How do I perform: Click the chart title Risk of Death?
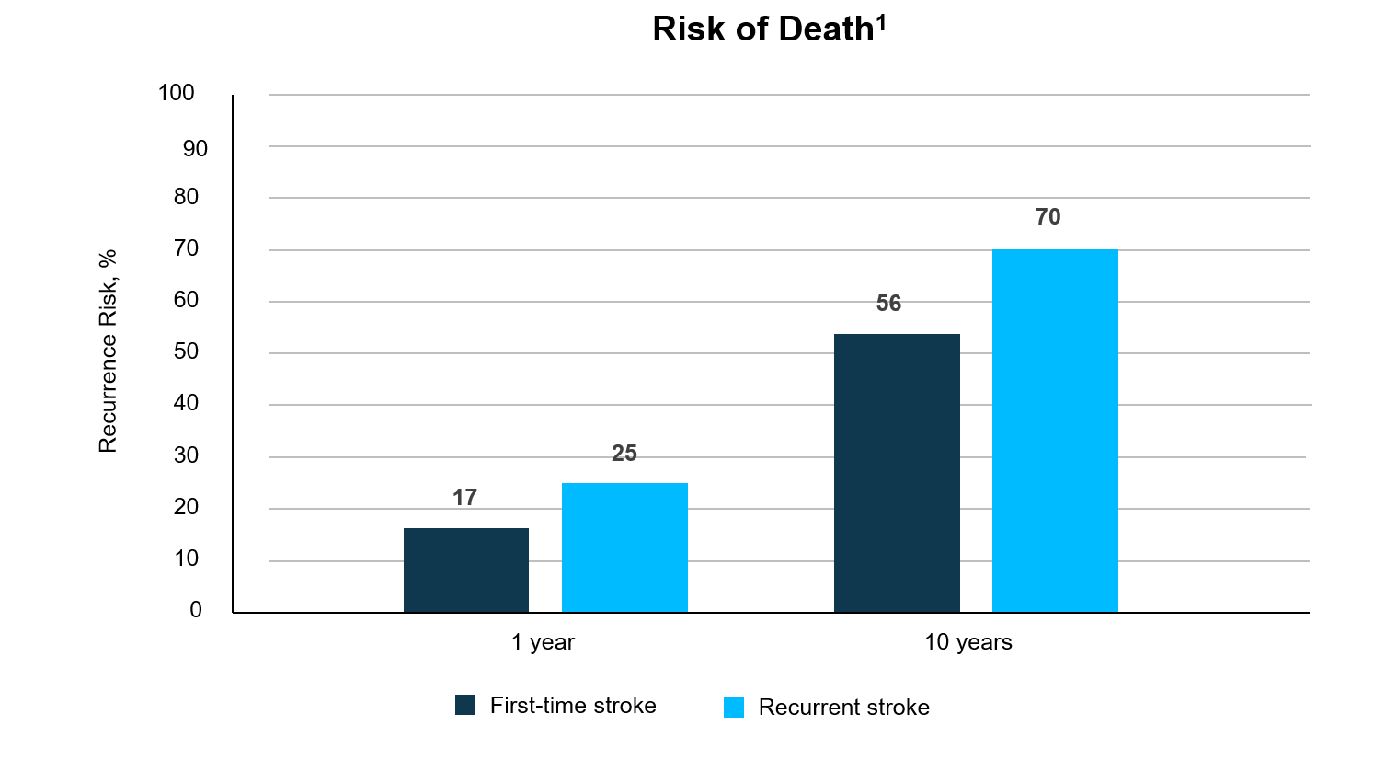tap(762, 29)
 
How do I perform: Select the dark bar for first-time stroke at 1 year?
tap(466, 570)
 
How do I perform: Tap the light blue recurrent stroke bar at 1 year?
tap(624, 547)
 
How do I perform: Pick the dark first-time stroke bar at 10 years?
tap(897, 473)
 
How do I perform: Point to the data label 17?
tap(464, 498)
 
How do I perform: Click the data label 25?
tap(624, 454)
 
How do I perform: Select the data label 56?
tap(888, 304)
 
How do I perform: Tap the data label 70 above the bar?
tap(1048, 217)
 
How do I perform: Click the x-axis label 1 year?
tap(543, 642)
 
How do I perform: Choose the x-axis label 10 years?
tap(968, 642)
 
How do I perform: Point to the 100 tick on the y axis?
tap(177, 93)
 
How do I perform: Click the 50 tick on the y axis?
tap(186, 351)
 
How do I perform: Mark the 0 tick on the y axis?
tap(195, 610)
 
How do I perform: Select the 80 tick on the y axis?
tap(186, 197)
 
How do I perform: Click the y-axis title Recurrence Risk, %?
tap(108, 351)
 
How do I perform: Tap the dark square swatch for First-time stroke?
tap(465, 706)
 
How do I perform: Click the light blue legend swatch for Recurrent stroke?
tap(734, 708)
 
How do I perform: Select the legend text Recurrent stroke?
tap(843, 708)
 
